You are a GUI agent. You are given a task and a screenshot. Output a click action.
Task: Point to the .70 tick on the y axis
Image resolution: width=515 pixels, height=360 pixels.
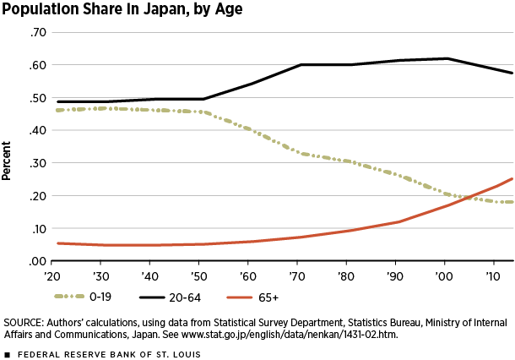pyautogui.click(x=37, y=32)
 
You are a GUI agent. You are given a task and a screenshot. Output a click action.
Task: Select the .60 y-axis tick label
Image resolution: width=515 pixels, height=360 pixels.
pyautogui.click(x=37, y=65)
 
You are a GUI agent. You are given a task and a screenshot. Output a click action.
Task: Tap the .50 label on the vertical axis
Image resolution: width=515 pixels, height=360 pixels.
pyautogui.click(x=37, y=98)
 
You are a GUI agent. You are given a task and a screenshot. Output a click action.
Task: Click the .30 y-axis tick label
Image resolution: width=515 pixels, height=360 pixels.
pyautogui.click(x=37, y=163)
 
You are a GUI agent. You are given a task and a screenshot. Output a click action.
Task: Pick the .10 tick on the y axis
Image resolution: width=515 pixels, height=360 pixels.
pyautogui.click(x=37, y=229)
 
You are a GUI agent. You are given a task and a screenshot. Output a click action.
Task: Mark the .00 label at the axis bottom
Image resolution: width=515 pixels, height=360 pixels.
pyautogui.click(x=37, y=261)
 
